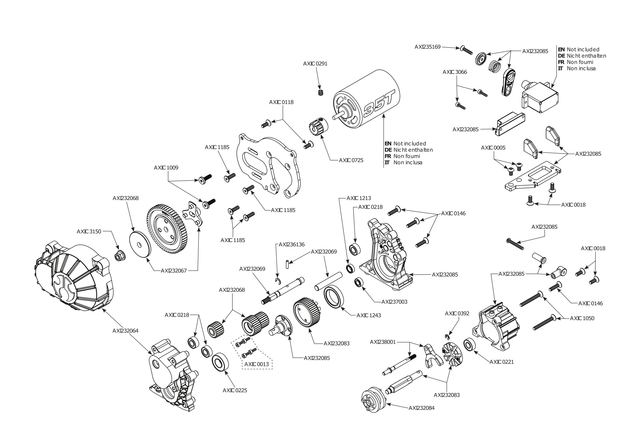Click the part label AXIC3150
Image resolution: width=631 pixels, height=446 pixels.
(89, 232)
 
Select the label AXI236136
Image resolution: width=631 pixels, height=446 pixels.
(292, 245)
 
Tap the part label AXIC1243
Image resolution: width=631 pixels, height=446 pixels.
(369, 315)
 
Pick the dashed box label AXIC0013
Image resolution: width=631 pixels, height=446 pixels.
(256, 364)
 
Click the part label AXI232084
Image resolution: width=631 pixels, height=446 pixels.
(421, 408)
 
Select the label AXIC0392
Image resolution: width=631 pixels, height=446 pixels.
(457, 314)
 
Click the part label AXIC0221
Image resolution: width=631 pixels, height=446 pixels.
(501, 362)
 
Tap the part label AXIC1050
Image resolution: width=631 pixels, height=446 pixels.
(582, 318)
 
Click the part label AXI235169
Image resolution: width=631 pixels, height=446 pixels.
(427, 47)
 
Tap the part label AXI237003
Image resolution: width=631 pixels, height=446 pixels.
(394, 302)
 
